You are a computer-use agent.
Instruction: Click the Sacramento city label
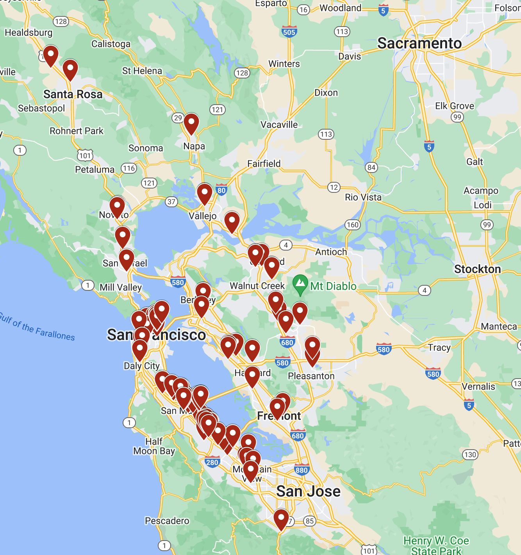(419, 43)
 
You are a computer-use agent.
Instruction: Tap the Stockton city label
(477, 269)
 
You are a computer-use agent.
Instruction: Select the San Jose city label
(308, 491)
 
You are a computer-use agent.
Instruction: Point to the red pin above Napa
(191, 123)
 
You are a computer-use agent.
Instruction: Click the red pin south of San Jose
(281, 519)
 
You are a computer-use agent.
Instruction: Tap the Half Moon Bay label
(154, 446)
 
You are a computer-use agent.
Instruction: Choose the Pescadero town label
(167, 521)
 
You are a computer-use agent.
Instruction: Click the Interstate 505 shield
(289, 32)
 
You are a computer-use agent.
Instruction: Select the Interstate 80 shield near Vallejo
(221, 190)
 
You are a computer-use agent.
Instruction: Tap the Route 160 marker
(352, 224)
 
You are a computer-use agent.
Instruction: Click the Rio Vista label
(363, 197)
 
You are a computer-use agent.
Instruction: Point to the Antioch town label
(331, 252)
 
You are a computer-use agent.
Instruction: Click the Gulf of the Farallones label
(37, 327)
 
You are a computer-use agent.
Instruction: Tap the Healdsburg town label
(29, 32)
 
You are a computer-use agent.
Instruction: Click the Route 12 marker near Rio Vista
(334, 187)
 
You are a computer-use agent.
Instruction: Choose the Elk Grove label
(454, 106)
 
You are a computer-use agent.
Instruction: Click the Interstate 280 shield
(212, 462)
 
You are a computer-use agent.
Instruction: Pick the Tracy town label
(439, 347)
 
